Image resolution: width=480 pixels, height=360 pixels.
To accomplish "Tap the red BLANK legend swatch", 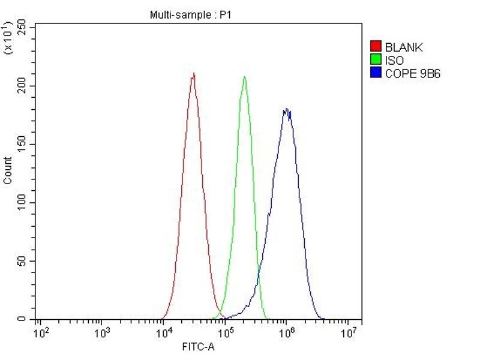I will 376,47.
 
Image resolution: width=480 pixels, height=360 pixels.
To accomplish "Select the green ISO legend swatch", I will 376,60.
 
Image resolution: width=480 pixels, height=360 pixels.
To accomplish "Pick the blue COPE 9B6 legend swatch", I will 376,73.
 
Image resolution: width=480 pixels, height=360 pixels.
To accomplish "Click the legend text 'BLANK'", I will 404,47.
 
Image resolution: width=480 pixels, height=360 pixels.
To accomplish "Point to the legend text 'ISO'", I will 394,61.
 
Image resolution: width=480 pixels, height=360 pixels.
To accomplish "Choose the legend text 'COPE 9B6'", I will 413,74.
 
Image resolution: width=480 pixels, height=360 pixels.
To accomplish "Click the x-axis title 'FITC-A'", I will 198,347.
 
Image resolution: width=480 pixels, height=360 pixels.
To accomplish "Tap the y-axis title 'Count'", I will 8,170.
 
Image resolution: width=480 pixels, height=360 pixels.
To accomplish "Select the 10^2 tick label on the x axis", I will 41,332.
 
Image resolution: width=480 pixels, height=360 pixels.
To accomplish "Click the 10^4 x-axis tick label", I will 163,332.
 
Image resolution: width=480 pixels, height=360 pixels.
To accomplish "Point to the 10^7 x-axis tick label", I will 349,332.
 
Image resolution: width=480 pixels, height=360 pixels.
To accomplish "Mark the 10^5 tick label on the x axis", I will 225,332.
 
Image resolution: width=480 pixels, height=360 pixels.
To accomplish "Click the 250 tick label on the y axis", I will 22,28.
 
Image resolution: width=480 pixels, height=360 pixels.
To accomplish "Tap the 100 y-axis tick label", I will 22,203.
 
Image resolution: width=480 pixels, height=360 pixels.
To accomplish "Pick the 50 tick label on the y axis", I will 22,261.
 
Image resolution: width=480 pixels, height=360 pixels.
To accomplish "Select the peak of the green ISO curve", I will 244,77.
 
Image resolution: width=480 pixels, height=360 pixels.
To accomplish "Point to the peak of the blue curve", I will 287,109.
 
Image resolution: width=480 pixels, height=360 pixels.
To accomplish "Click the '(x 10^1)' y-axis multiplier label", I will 8,37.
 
